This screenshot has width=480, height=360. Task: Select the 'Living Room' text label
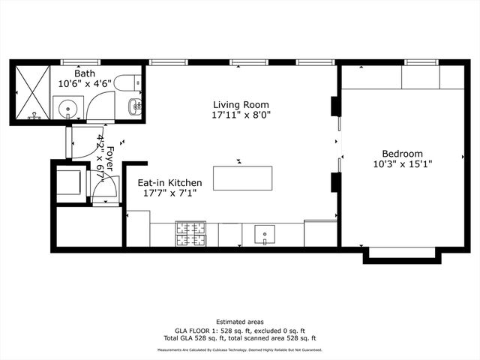[240, 105]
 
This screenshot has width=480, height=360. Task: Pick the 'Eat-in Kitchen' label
[169, 182]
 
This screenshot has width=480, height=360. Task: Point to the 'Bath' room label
[84, 73]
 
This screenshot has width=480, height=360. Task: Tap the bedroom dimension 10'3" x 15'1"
[402, 163]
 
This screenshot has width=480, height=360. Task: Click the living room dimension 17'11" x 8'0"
[240, 115]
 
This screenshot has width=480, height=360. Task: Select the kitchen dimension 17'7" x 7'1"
[169, 193]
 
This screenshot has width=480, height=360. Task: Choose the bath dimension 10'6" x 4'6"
[84, 84]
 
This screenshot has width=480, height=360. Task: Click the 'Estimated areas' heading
[240, 322]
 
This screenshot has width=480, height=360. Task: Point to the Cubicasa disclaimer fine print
[240, 349]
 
